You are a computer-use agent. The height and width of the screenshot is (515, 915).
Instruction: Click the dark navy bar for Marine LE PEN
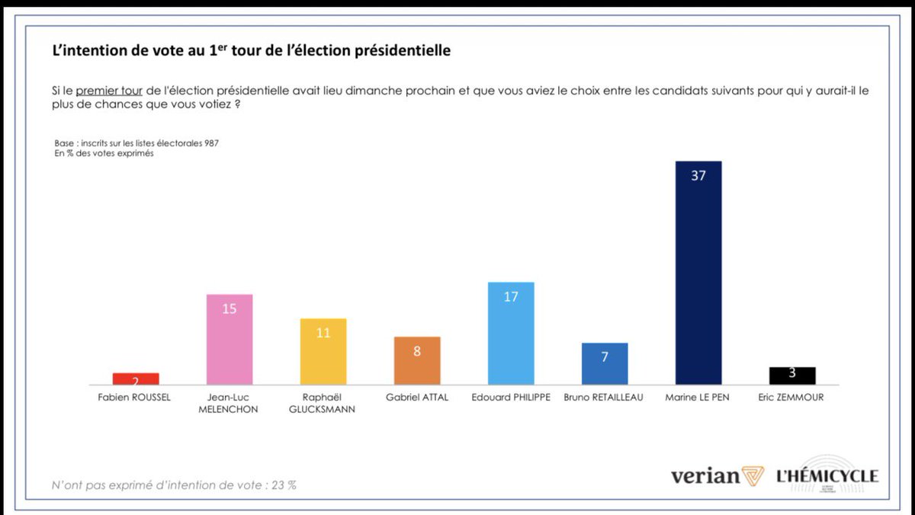pos(698,273)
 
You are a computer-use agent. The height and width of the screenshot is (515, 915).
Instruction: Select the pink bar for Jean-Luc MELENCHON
pos(230,340)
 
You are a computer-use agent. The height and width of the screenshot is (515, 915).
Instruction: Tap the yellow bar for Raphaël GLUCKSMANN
pos(323,351)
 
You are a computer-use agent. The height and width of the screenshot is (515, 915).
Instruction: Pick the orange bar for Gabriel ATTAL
pos(417,360)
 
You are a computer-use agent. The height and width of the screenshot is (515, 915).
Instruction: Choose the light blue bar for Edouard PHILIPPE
pos(511,334)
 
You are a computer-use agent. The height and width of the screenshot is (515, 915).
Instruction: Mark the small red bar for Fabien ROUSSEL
pos(136,379)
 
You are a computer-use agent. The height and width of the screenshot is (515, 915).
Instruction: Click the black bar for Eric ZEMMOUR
pos(792,376)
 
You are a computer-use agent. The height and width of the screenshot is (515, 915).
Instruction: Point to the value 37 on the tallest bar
pos(698,175)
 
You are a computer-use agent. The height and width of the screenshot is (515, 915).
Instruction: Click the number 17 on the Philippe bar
pos(511,296)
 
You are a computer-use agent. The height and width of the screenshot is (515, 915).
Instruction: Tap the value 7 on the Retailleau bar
pos(605,357)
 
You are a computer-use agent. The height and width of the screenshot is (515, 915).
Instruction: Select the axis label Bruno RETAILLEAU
pos(603,397)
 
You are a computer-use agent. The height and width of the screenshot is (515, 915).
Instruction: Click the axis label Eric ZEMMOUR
pos(791,397)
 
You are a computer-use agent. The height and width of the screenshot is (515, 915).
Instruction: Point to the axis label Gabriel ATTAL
pos(417,397)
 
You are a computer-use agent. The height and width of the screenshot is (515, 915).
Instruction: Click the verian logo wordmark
pos(705,476)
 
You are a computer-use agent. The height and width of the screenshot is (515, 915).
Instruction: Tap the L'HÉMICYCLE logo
pos(827,476)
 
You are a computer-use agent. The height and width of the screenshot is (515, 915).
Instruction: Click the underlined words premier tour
pos(109,91)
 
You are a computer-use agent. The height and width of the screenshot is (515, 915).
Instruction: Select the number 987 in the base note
pos(212,143)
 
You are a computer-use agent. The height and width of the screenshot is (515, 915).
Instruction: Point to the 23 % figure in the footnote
pos(284,485)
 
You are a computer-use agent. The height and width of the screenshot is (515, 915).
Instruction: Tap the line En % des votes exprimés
pos(104,153)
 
